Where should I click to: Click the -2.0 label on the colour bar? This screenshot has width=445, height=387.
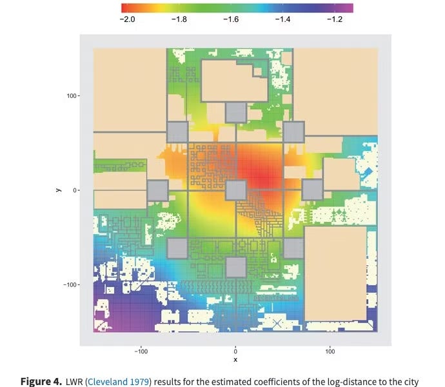click(127, 19)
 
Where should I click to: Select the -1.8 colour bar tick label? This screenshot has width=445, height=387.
click(179, 19)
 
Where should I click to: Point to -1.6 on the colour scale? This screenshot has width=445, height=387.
click(230, 19)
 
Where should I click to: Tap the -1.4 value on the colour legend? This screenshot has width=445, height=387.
click(282, 19)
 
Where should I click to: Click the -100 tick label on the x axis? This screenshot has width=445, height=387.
click(141, 352)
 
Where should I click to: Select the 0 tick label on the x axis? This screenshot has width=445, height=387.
click(235, 352)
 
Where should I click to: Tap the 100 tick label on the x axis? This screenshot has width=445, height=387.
click(330, 352)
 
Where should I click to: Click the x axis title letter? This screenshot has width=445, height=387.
click(235, 359)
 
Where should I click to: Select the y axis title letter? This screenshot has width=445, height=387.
click(57, 190)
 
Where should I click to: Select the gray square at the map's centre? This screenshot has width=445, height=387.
click(235, 190)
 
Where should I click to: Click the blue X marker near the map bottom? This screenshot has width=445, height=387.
click(277, 322)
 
